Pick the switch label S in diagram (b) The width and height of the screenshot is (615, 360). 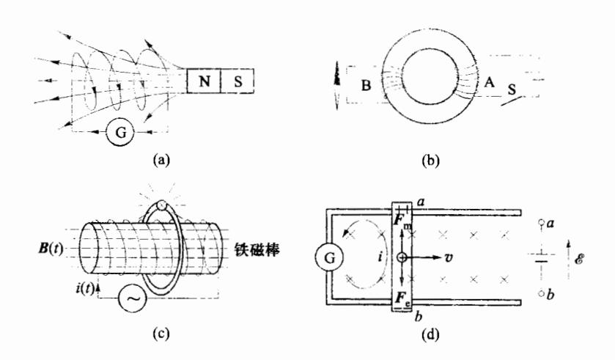coord(514,89)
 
